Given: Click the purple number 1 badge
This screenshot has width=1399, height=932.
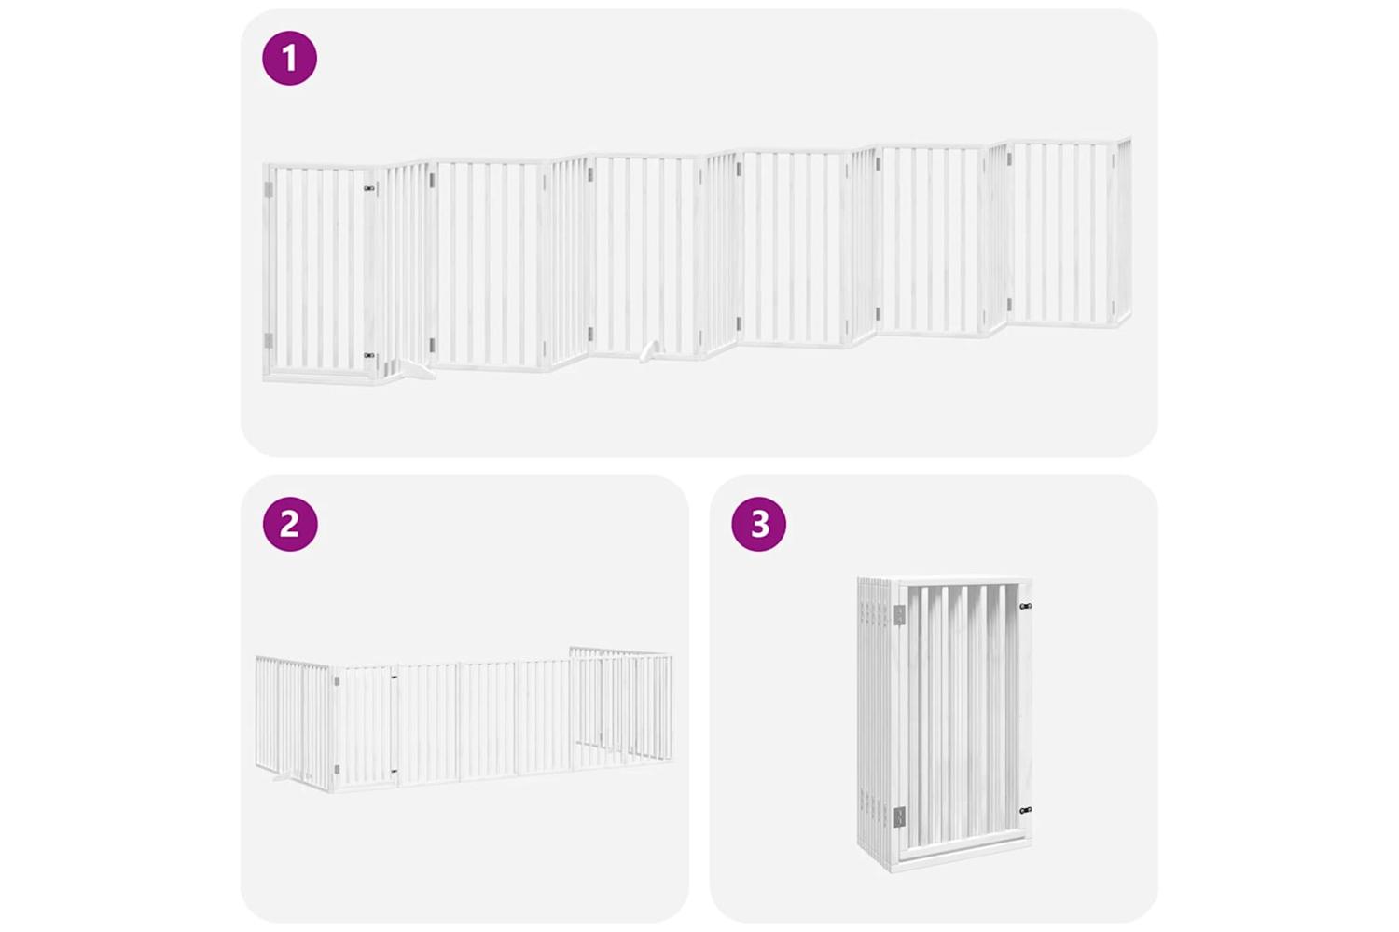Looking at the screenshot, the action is click(289, 58).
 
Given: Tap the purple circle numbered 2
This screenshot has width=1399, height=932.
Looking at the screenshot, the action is click(290, 524).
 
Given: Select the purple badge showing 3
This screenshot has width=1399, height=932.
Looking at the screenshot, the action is click(759, 524).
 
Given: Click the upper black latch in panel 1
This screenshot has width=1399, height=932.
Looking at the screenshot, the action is click(369, 187).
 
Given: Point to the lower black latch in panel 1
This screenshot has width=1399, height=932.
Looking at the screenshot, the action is click(369, 355).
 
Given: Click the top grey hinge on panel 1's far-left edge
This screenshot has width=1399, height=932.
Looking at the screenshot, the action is click(269, 189).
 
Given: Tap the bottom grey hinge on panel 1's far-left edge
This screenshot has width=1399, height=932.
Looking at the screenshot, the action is click(269, 340).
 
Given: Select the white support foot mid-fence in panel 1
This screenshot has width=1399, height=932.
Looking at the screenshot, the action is click(648, 351).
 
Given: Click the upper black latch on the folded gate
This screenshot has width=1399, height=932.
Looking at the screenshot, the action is click(1025, 606).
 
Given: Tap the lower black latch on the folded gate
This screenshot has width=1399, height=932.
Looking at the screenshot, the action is click(1025, 810).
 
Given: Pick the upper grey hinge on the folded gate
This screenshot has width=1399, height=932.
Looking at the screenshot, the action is click(899, 614).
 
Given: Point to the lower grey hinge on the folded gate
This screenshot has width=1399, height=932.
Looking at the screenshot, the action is click(899, 815).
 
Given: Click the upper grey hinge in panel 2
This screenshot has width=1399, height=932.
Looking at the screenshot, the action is click(337, 681).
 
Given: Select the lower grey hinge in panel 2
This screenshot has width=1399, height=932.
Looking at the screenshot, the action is click(337, 769).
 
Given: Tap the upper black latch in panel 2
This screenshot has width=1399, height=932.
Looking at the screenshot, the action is click(394, 676).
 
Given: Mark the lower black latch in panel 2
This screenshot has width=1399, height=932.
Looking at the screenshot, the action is click(394, 772).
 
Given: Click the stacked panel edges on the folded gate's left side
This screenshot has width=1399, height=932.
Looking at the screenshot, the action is click(877, 718).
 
